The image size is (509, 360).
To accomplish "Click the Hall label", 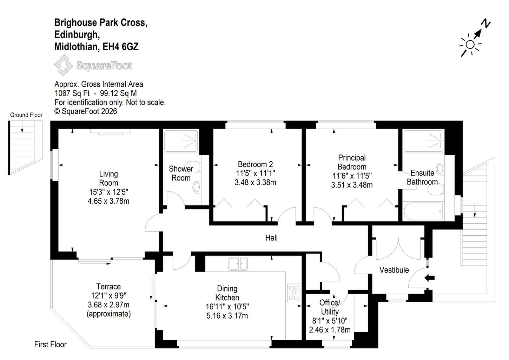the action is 271,238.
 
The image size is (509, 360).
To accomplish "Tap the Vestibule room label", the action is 394,270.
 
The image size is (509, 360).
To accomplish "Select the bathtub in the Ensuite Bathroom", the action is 423,211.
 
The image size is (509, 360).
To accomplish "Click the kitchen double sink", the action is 238,263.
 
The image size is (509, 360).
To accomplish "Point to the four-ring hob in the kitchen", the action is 293,293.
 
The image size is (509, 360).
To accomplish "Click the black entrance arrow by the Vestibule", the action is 429,278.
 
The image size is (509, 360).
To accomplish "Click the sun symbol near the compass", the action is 470,45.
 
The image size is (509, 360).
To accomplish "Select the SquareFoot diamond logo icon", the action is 64,65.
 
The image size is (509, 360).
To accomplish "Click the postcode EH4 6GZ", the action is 121,47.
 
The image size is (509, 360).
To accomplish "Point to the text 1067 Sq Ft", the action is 72,93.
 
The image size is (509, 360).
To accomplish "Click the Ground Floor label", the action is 26,115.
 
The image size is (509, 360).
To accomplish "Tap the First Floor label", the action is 51,344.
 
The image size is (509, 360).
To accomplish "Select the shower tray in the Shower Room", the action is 181,141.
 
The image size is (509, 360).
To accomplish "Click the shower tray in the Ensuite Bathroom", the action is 423,141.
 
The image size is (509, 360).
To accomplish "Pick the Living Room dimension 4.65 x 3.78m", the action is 108,201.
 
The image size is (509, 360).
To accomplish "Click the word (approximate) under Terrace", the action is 108,314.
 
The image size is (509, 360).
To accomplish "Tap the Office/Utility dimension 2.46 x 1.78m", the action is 330,329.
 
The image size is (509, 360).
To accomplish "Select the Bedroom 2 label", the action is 256,164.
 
